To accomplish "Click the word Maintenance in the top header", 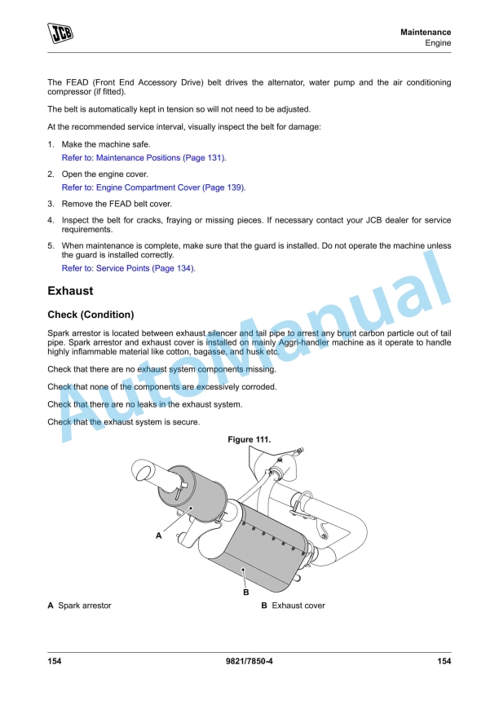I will pos(426,32).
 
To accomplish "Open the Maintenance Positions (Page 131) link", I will pos(144,157).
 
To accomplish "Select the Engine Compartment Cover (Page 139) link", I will pos(153,187).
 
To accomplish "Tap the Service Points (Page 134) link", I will pos(129,267).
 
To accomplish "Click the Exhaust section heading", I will pos(70,290).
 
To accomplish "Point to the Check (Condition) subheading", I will pos(91,315).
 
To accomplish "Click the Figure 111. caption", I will pos(249,440).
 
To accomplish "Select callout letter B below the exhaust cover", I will pos(245,592).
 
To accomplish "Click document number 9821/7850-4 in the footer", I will pos(249,661).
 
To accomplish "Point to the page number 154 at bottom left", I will pos(55,661).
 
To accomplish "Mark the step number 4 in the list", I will pos(51,221).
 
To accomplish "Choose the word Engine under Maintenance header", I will pos(438,43).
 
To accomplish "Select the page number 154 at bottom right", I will pos(444,661).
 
